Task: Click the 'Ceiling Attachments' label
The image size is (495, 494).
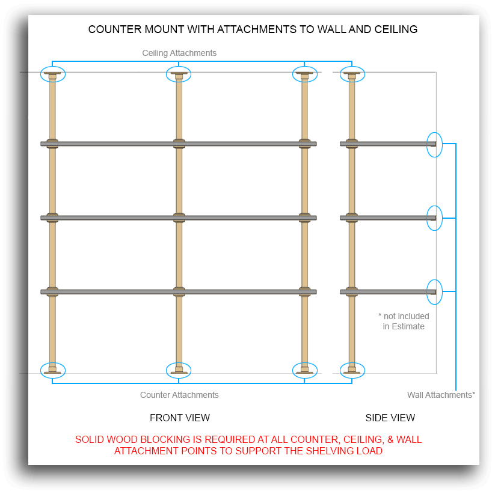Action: pyautogui.click(x=179, y=53)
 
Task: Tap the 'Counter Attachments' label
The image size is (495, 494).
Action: pyautogui.click(x=179, y=395)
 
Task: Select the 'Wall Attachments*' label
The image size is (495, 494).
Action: pyautogui.click(x=441, y=395)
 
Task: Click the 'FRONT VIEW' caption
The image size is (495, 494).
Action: pyautogui.click(x=180, y=418)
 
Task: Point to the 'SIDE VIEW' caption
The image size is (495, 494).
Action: pyautogui.click(x=390, y=418)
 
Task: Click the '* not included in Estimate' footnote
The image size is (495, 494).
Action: pyautogui.click(x=404, y=321)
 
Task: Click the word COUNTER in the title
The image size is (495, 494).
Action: pyautogui.click(x=115, y=29)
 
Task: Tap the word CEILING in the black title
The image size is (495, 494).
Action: pyautogui.click(x=396, y=29)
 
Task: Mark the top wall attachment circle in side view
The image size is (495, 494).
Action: pyautogui.click(x=434, y=145)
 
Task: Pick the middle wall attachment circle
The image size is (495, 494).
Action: pyautogui.click(x=434, y=218)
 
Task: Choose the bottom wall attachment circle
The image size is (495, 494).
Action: pyautogui.click(x=434, y=292)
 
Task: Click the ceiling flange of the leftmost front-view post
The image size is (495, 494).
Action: pyautogui.click(x=52, y=75)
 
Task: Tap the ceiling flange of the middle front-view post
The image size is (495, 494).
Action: pyautogui.click(x=179, y=75)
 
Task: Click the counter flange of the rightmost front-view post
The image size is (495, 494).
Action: pyautogui.click(x=305, y=370)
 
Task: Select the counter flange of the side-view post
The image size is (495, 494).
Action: pyautogui.click(x=352, y=370)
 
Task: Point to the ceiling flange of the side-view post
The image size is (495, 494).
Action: pyautogui.click(x=352, y=75)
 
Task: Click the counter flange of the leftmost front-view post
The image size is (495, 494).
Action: pyautogui.click(x=52, y=370)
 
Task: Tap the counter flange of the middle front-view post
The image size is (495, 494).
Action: pyautogui.click(x=179, y=370)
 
